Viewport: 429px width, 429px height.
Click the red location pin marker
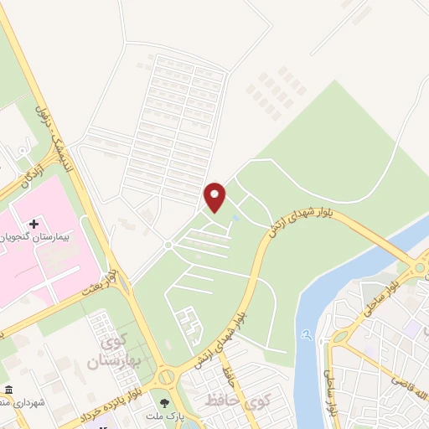point(215,197)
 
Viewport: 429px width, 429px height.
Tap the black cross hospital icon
point(34,224)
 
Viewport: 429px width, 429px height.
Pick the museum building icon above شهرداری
point(8,391)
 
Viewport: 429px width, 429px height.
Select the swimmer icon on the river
point(308,334)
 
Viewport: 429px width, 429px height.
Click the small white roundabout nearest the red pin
point(168,244)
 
